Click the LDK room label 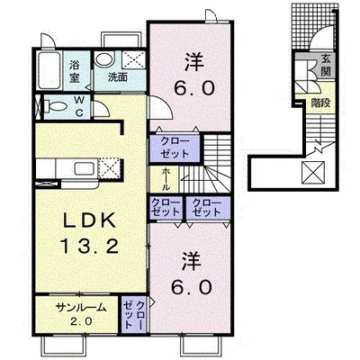pos(89,221)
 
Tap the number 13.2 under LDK pos(89,247)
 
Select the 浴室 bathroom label pos(75,71)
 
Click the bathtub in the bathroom pos(49,70)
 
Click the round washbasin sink pos(103,58)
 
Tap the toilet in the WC pos(56,107)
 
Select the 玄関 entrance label pos(326,65)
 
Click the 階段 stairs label pos(320,103)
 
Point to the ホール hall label pos(166,179)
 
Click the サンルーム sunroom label pos(81,308)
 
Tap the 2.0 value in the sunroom pos(81,321)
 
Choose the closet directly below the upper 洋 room pos(175,148)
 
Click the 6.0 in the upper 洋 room pos(194,88)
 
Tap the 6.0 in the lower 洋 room pos(192,287)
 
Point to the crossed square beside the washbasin pos(134,59)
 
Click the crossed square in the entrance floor pos(313,172)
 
